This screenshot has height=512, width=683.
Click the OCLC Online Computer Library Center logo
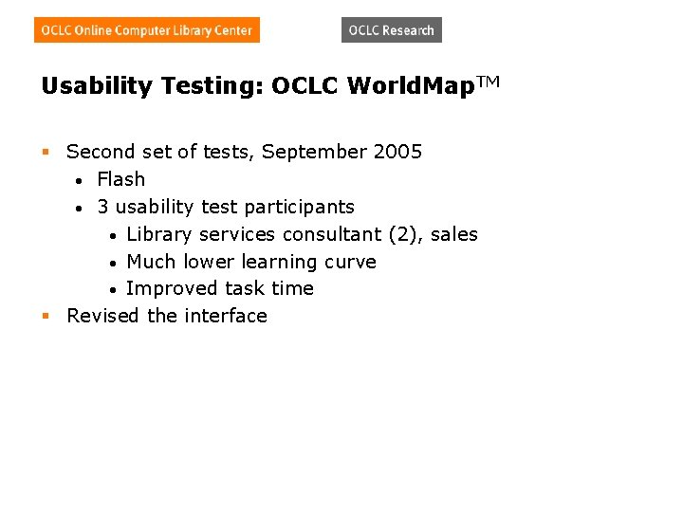coord(147,30)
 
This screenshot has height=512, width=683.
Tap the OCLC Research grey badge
coord(391,30)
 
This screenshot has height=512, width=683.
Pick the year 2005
coord(397,152)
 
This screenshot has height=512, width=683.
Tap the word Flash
coord(120,179)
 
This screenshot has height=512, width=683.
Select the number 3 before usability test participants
coord(102,207)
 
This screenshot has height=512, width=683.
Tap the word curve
coord(351,262)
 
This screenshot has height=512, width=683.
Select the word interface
coord(226,316)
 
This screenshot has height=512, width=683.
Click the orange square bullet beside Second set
coord(45,152)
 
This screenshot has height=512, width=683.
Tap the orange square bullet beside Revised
coord(45,316)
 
